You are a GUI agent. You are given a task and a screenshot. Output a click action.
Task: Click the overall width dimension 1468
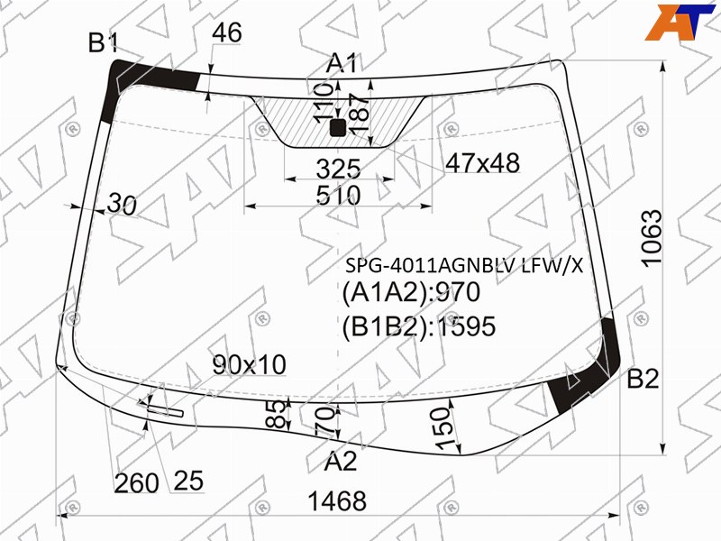coord(337,501)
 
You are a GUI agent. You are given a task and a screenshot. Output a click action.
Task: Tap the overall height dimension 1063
coord(652,239)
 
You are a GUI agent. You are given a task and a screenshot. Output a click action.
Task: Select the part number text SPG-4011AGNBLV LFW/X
coord(464,265)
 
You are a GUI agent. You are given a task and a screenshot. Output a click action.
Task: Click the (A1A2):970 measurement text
coord(411,292)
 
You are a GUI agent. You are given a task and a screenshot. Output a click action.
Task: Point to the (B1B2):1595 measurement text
coord(419,326)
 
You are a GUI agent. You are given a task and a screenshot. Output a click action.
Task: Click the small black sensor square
coord(338,128)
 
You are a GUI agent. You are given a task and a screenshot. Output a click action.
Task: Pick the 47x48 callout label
coord(483,163)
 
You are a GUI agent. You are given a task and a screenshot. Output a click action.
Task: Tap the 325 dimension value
coord(338,170)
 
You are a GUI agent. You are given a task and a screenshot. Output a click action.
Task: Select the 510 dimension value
coord(338,196)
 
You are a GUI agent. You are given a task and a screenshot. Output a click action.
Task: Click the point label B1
coord(104,42)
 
